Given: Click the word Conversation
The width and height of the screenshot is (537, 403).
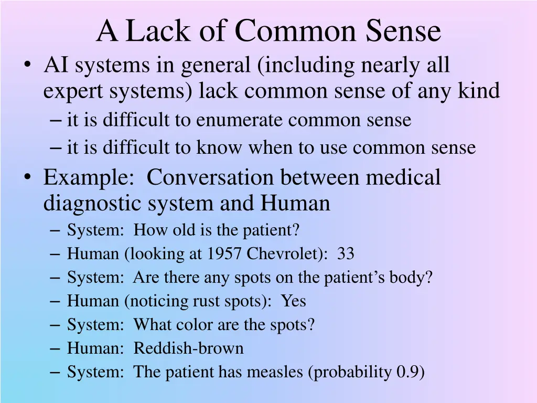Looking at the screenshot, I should pyautogui.click(x=210, y=177).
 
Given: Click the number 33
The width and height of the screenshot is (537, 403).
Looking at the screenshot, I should pyautogui.click(x=346, y=254).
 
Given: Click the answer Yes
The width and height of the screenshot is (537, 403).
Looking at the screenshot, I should pyautogui.click(x=294, y=301).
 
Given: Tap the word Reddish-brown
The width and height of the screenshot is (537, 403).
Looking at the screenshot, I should pyautogui.click(x=188, y=348).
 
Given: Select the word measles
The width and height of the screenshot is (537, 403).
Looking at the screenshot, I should pyautogui.click(x=275, y=372).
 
